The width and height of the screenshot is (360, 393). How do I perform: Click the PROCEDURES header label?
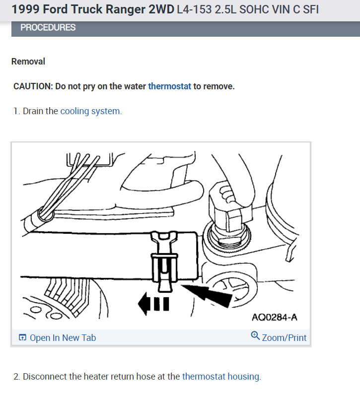pyautogui.click(x=48, y=27)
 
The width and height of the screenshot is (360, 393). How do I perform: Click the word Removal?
pyautogui.click(x=28, y=62)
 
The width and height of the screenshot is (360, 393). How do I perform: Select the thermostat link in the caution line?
pyautogui.click(x=170, y=86)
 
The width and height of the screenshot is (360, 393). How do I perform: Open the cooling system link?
pyautogui.click(x=90, y=111)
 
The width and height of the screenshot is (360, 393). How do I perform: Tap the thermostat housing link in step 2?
pyautogui.click(x=221, y=377)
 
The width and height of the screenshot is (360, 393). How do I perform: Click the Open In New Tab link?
pyautogui.click(x=63, y=338)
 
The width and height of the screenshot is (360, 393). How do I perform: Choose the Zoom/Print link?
pyautogui.click(x=284, y=338)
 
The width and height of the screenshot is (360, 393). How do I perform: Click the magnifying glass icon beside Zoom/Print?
pyautogui.click(x=255, y=335)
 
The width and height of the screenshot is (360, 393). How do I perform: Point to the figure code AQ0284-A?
pyautogui.click(x=275, y=317)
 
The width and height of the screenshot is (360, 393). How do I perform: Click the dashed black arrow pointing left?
pyautogui.click(x=153, y=304)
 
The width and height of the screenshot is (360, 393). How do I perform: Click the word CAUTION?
pyautogui.click(x=33, y=86)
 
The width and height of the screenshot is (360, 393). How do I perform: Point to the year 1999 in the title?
pyautogui.click(x=26, y=9)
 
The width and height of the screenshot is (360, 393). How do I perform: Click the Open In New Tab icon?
pyautogui.click(x=22, y=337)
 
